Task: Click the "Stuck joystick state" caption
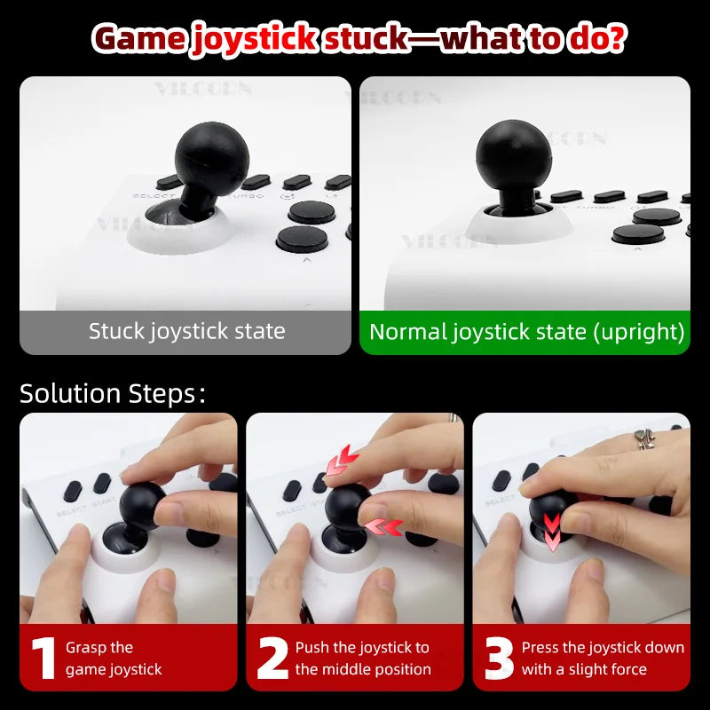(x=186, y=332)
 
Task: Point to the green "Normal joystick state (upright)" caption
(x=526, y=332)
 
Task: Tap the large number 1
(x=42, y=658)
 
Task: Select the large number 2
(x=272, y=658)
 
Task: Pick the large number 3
(x=499, y=658)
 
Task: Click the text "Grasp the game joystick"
(x=114, y=658)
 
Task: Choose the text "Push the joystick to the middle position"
(x=363, y=658)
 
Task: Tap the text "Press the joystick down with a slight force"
(x=603, y=658)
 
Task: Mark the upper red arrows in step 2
(x=341, y=461)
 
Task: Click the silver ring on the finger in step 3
(x=645, y=438)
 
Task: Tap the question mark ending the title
(x=615, y=38)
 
